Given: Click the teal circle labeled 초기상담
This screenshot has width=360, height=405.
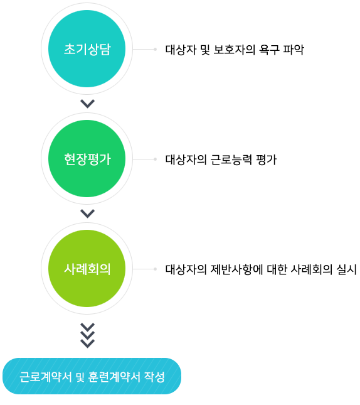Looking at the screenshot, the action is (87, 48).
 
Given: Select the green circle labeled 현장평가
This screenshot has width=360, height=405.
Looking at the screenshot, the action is (87, 159).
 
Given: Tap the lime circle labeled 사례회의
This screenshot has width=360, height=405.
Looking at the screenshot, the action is (87, 269).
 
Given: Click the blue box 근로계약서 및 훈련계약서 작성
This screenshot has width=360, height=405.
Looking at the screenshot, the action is (92, 376).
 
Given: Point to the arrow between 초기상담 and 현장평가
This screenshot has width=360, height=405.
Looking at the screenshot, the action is (87, 104).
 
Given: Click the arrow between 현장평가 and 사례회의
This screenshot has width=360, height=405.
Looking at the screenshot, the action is (87, 213).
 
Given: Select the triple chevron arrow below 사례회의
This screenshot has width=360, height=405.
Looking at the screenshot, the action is (87, 335).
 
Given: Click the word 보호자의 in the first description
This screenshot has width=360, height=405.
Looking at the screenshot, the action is (235, 50).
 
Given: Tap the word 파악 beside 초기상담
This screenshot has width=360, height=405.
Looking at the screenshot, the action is (294, 50).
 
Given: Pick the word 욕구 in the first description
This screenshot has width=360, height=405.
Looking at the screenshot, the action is (269, 50).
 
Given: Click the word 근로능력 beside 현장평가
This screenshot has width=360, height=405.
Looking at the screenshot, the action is (231, 159).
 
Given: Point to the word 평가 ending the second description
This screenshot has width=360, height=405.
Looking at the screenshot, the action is (267, 159).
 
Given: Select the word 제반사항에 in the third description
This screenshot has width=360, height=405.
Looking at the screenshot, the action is (236, 269).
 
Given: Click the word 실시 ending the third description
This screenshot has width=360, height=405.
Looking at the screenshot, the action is (346, 269).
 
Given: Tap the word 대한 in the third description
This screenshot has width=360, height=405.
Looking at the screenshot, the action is (277, 269).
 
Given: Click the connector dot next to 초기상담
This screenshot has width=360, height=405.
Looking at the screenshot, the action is (155, 49).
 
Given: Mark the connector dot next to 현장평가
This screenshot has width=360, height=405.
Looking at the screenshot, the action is (155, 159).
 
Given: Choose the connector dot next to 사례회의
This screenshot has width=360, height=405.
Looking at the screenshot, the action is (155, 269).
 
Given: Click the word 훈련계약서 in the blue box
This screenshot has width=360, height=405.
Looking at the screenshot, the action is (114, 377).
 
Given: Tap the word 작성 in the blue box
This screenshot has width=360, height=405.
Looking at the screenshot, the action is (154, 377).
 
